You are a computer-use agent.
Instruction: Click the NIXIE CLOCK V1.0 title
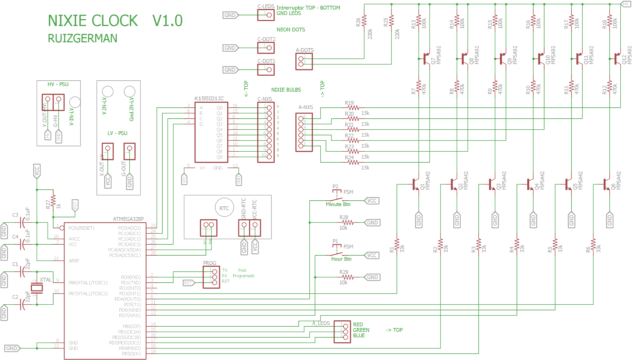115,21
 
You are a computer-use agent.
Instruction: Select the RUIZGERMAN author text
82,38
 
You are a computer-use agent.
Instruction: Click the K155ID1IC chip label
209,98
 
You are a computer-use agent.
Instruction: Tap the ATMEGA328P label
128,219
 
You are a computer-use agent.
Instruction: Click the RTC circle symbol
224,208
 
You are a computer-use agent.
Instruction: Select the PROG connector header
212,277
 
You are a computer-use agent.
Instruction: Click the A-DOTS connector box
304,61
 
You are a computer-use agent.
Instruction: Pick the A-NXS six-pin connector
304,132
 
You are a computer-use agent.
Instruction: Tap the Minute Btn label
338,204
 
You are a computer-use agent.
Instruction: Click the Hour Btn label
341,259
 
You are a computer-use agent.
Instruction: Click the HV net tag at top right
625,4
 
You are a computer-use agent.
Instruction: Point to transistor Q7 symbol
425,59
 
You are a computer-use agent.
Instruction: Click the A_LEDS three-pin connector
342,332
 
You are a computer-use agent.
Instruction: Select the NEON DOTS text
291,30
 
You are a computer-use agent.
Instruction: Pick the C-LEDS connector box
266,15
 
